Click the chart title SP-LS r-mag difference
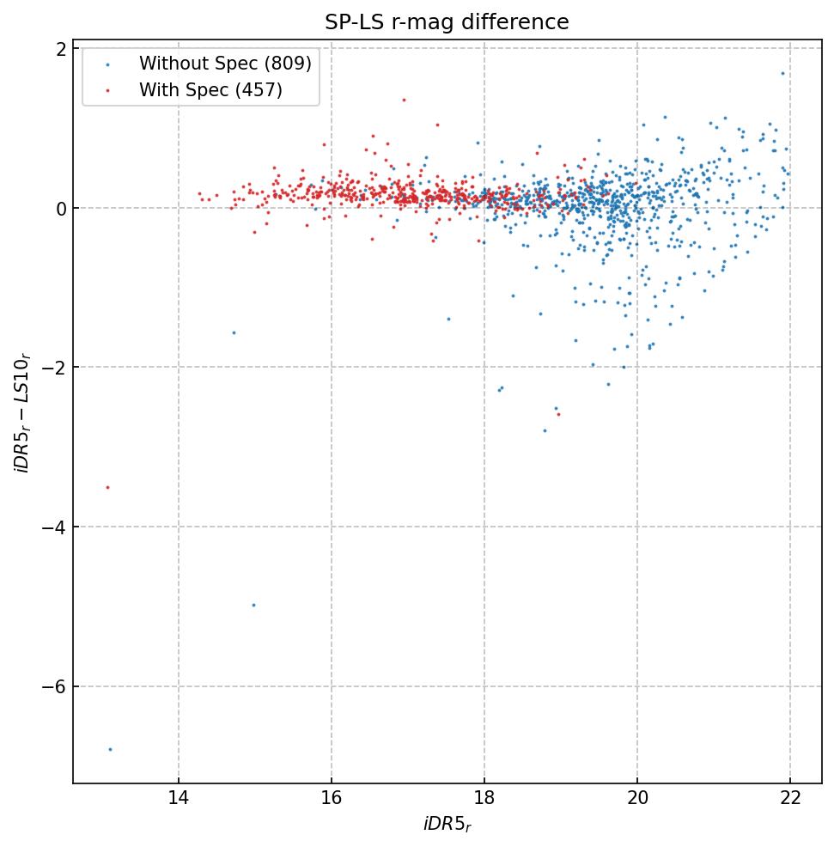pos(447,22)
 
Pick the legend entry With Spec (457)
pos(210,89)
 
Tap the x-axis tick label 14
pos(179,801)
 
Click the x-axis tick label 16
pos(332,801)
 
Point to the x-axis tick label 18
pos(484,801)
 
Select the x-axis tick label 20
pos(637,801)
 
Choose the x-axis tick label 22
pos(790,801)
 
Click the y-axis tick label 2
pos(61,48)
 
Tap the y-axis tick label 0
pos(61,208)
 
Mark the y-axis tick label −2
pos(53,367)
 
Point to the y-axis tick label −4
pos(53,527)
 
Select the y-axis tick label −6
pos(53,686)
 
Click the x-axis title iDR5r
pos(447,825)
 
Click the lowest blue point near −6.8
pos(110,749)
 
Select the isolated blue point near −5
pos(253,605)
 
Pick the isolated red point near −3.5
pos(107,487)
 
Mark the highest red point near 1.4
pos(404,100)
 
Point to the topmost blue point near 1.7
pos(782,73)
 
